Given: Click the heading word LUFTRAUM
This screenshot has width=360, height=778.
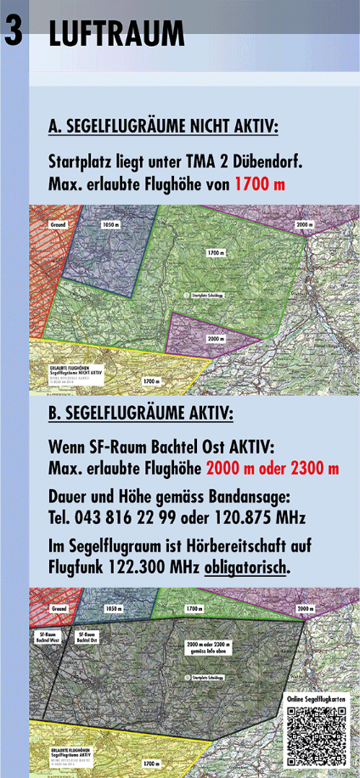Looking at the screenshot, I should point(116,34).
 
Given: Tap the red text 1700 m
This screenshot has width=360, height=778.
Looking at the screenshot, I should point(260,184).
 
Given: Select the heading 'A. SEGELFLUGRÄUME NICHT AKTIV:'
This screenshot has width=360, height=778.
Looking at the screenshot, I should point(163,128).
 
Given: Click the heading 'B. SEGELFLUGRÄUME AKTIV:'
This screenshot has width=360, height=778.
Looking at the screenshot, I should point(141,414).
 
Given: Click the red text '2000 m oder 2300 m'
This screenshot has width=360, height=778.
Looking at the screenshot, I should point(272,469).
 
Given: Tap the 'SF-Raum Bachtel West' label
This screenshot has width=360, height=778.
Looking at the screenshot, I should point(48,637).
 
